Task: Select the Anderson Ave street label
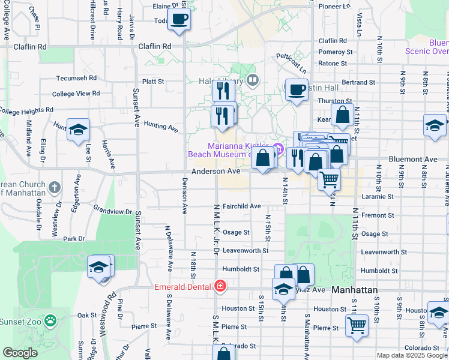(216, 171)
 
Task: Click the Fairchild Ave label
(241, 206)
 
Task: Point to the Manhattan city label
(355, 290)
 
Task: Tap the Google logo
(20, 353)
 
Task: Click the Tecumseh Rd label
(76, 78)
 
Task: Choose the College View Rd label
(76, 94)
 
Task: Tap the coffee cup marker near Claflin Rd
(179, 19)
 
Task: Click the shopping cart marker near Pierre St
(357, 326)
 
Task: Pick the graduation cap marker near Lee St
(77, 130)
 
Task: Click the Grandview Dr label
(112, 211)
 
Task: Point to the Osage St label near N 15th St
(236, 232)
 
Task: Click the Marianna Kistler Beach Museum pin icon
(277, 148)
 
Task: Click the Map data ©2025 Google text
(412, 355)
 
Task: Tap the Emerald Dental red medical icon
(221, 286)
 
